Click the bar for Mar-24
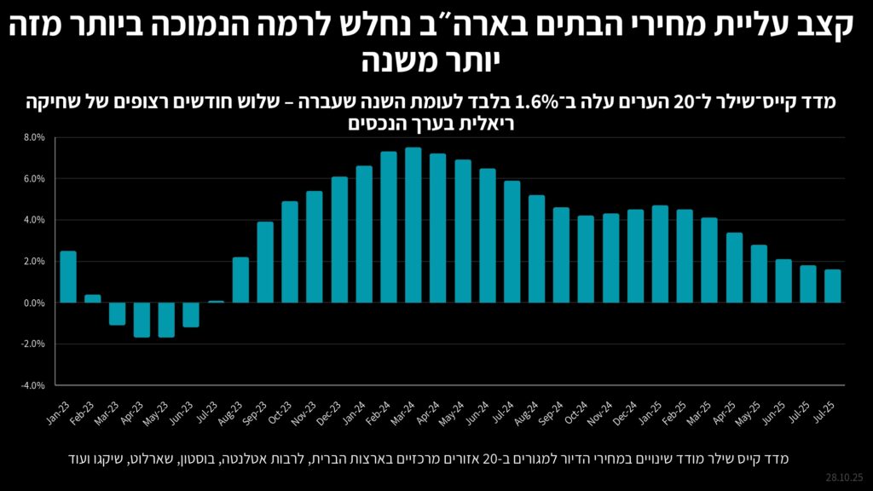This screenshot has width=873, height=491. pyautogui.click(x=413, y=225)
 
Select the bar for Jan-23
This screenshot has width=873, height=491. pyautogui.click(x=68, y=277)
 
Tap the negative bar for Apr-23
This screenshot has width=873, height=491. pyautogui.click(x=142, y=320)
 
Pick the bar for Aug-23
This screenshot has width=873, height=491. pyautogui.click(x=240, y=280)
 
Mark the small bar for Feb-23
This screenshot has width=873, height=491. pyautogui.click(x=93, y=298)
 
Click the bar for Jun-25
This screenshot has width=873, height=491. pyautogui.click(x=783, y=281)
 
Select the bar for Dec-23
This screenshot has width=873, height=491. pyautogui.click(x=339, y=240)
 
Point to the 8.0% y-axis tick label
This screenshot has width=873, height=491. pyautogui.click(x=33, y=137)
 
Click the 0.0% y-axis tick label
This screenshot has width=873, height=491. pyautogui.click(x=33, y=303)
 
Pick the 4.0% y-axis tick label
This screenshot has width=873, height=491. pyautogui.click(x=33, y=220)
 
